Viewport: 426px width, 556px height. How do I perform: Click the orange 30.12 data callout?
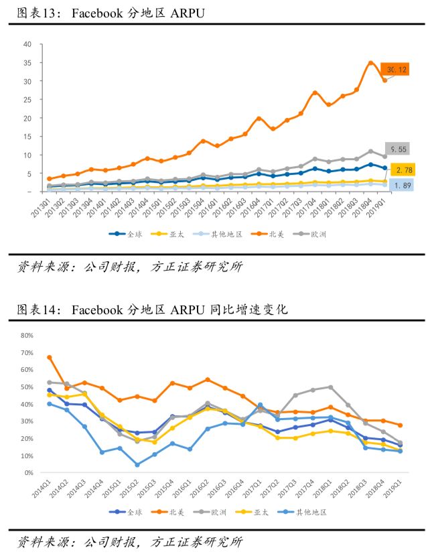pyautogui.click(x=395, y=70)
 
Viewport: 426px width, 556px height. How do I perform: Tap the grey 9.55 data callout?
pyautogui.click(x=397, y=149)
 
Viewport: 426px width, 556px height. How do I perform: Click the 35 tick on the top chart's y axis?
pyautogui.click(x=27, y=63)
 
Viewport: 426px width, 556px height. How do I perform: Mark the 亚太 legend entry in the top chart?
pyautogui.click(x=165, y=234)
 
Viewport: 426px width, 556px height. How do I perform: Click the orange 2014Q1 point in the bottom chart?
pyautogui.click(x=50, y=357)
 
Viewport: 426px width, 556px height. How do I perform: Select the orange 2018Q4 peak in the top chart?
pyautogui.click(x=370, y=63)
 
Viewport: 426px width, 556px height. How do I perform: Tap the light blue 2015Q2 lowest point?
pyautogui.click(x=137, y=465)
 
